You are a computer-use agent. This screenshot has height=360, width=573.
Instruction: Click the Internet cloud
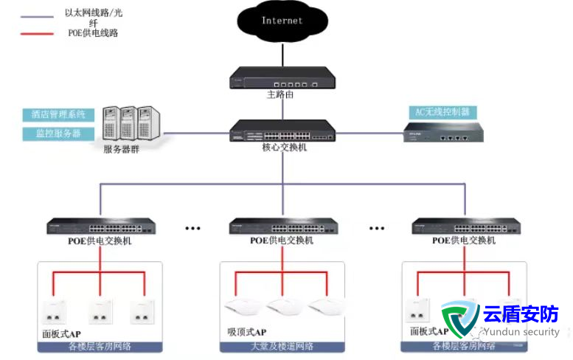pos(282,22)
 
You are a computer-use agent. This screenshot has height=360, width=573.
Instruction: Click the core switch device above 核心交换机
pos(282,131)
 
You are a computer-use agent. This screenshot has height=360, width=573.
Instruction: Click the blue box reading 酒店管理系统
pos(58,115)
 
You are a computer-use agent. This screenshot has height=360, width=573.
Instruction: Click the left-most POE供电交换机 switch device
pos(101,226)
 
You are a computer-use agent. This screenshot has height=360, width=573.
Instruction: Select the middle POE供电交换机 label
pos(282,240)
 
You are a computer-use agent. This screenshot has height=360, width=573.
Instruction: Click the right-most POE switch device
pos(464,226)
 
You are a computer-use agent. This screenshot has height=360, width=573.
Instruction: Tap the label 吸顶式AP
pos(246,333)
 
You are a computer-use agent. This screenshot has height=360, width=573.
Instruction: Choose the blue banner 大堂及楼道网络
pos(282,346)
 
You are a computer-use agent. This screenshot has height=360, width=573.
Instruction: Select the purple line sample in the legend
pos(38,15)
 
